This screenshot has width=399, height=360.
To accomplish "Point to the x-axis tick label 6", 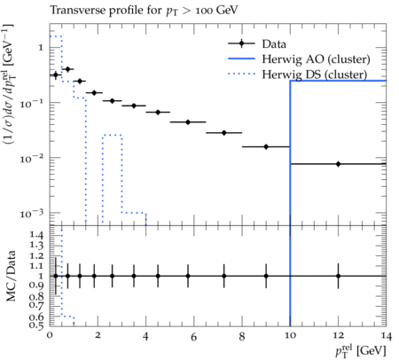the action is pos(193,337).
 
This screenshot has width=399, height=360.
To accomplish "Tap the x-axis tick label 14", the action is pos(386,336).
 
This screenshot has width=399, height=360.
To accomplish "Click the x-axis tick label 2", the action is pos(98,336).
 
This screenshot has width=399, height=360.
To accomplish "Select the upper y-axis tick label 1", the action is pos(41,48).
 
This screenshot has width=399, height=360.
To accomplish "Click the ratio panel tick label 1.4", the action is pos(36,236).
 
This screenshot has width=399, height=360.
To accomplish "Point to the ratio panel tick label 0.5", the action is pos(36,325).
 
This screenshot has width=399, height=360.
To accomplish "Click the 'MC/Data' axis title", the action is pos(12,276).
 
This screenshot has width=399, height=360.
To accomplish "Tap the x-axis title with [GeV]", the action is pos(361,350).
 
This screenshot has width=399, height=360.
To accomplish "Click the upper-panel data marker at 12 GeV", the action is pos(338,164).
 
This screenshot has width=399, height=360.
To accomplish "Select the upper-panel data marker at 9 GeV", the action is pos(266,146).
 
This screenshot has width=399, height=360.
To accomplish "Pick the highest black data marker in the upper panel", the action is pos(67,69).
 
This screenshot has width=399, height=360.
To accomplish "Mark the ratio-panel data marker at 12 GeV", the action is pos(338,276).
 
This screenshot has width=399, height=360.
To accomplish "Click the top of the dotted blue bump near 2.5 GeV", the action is pos(112,135).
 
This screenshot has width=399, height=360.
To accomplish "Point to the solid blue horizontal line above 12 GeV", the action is pos(338,81).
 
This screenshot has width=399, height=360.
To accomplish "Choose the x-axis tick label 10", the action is pos(290,336).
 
